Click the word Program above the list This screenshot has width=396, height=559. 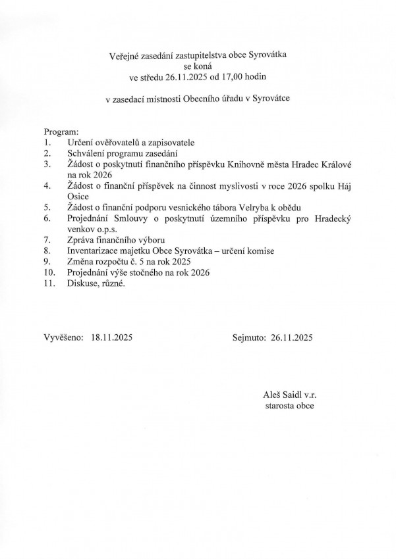tap(61, 132)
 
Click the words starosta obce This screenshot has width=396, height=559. tap(288, 406)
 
